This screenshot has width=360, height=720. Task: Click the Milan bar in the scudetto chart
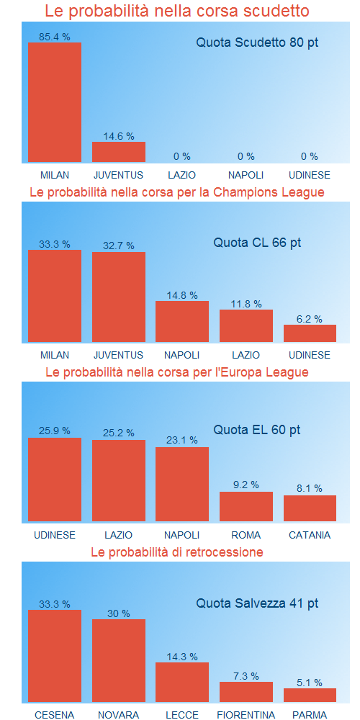[55, 102]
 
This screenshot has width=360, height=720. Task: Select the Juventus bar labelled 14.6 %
[119, 152]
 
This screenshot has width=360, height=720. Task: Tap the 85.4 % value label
[55, 36]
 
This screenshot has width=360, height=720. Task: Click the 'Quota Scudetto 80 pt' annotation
[257, 42]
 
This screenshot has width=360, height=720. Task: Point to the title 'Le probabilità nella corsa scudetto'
[177, 11]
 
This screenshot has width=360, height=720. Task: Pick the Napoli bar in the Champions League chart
[182, 321]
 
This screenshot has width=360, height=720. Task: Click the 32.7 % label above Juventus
[119, 245]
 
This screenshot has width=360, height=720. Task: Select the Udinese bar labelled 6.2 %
[310, 333]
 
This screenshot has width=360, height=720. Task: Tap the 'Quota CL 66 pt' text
[257, 243]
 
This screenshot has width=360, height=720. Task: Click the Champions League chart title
[177, 192]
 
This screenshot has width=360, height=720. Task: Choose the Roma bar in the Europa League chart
[246, 506]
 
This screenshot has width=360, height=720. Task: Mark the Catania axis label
[310, 535]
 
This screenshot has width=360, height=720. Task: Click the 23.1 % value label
[182, 440]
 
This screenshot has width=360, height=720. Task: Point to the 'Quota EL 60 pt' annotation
[257, 430]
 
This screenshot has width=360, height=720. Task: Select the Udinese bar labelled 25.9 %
[55, 479]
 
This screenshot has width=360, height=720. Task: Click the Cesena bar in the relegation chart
[55, 656]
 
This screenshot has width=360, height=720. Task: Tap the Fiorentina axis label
[246, 715]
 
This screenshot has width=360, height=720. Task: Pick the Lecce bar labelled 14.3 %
[182, 682]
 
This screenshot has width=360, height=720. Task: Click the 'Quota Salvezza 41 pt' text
[257, 603]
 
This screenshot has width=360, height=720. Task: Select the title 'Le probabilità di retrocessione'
[177, 552]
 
